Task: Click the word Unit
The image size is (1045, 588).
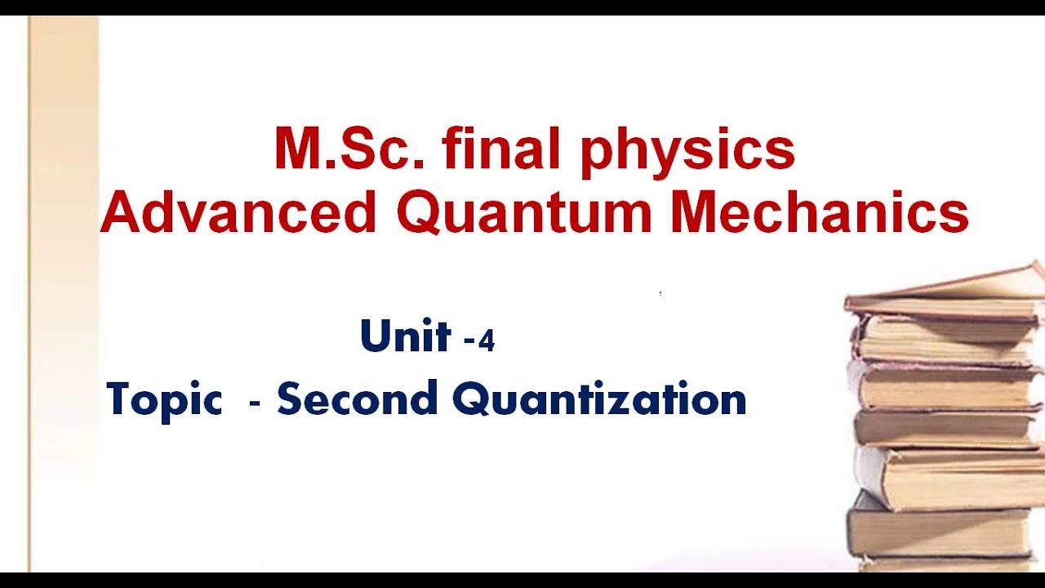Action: [405, 336]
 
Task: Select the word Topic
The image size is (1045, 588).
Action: [164, 400]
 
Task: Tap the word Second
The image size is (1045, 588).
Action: [357, 399]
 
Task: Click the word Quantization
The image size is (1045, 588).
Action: [599, 400]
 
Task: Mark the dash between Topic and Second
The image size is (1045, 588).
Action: [255, 403]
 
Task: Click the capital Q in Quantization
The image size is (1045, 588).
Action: [470, 400]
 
